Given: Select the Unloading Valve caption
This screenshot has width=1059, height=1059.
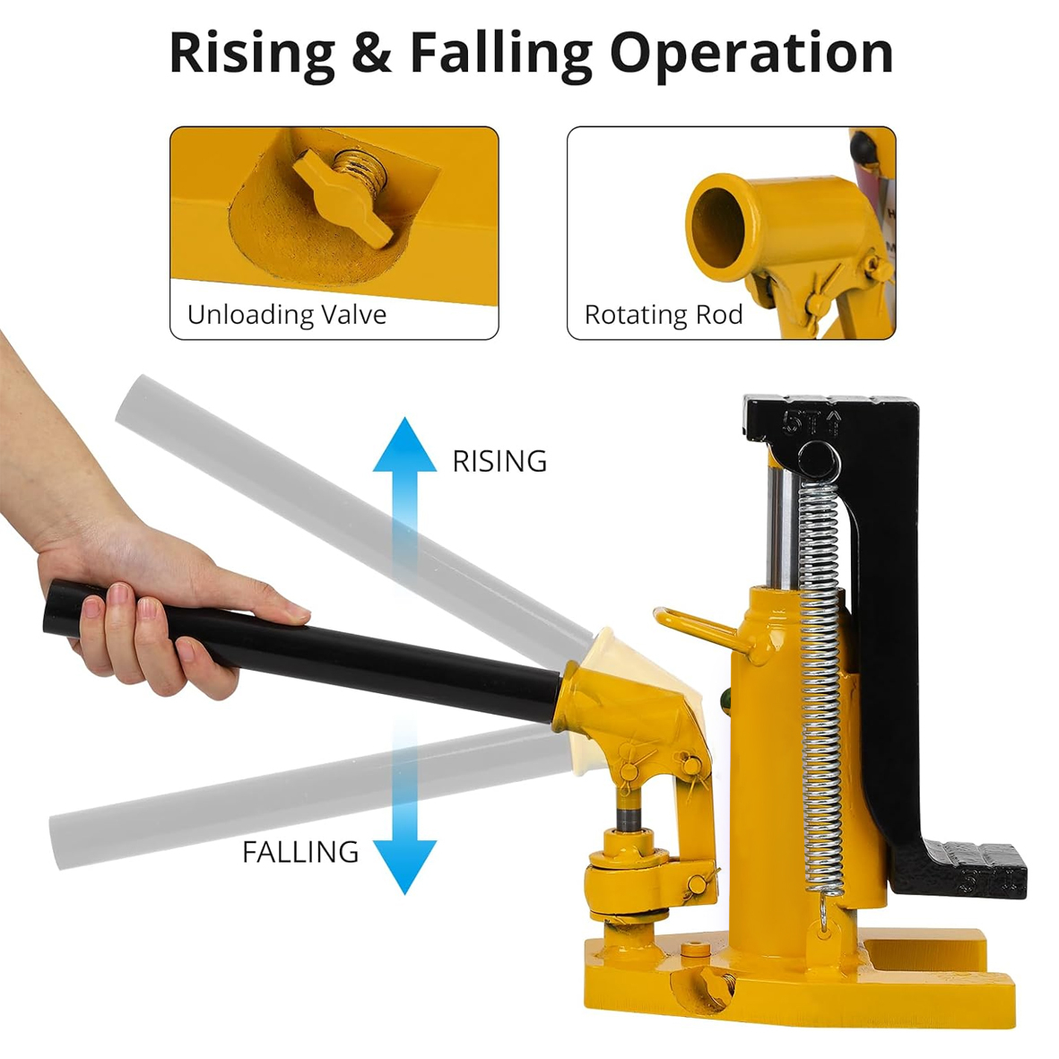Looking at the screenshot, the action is point(287,315).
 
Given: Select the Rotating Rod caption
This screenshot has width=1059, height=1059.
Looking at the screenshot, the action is point(664,315).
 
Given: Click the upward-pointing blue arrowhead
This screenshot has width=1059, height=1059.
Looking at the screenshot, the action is point(404,445).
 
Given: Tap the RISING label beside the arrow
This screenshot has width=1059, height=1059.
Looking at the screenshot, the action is point(499,461).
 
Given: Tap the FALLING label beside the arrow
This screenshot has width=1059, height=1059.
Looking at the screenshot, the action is point(300,853).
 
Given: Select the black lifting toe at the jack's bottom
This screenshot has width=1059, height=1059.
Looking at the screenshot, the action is point(959,868).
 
